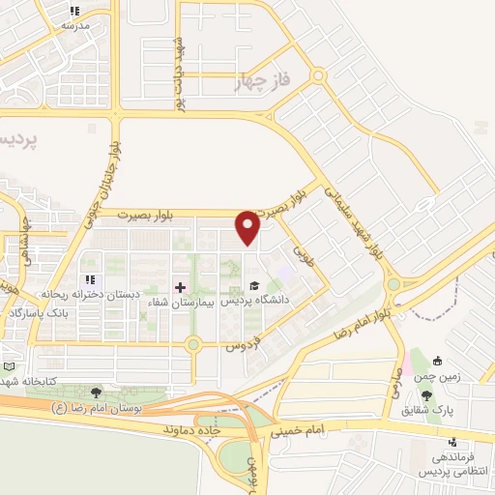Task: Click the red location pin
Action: click(x=248, y=228)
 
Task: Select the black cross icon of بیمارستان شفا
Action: click(x=179, y=286)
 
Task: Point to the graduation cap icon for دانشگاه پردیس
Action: click(x=253, y=285)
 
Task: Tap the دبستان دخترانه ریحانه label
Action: click(x=76, y=292)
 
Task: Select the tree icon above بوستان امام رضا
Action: click(x=96, y=392)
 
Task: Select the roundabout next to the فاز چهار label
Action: click(x=318, y=75)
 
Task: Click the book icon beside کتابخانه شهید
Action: click(x=10, y=367)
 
